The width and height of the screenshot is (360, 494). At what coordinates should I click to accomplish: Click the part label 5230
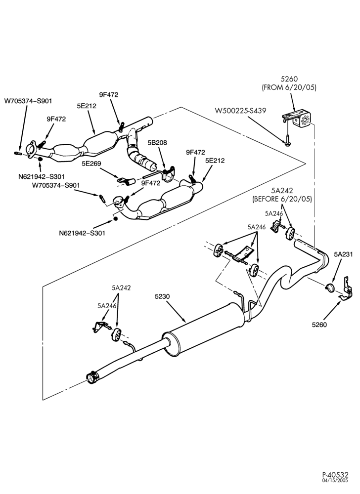(x=162, y=296)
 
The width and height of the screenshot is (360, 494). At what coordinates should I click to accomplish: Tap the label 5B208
(x=157, y=142)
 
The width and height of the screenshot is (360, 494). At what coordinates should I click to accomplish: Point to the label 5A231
(x=343, y=254)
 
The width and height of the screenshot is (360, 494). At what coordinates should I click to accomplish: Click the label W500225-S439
(x=240, y=111)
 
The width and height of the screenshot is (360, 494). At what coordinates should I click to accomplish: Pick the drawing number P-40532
(x=335, y=483)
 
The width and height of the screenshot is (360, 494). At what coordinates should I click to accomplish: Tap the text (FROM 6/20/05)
(x=289, y=87)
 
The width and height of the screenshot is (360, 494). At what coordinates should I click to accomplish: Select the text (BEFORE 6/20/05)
(x=282, y=199)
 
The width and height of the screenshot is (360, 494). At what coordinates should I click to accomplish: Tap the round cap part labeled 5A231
(x=330, y=288)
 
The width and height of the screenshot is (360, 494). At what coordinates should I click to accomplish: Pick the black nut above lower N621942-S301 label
(x=115, y=218)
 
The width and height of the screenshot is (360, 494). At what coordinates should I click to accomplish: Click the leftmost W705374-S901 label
(x=28, y=101)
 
